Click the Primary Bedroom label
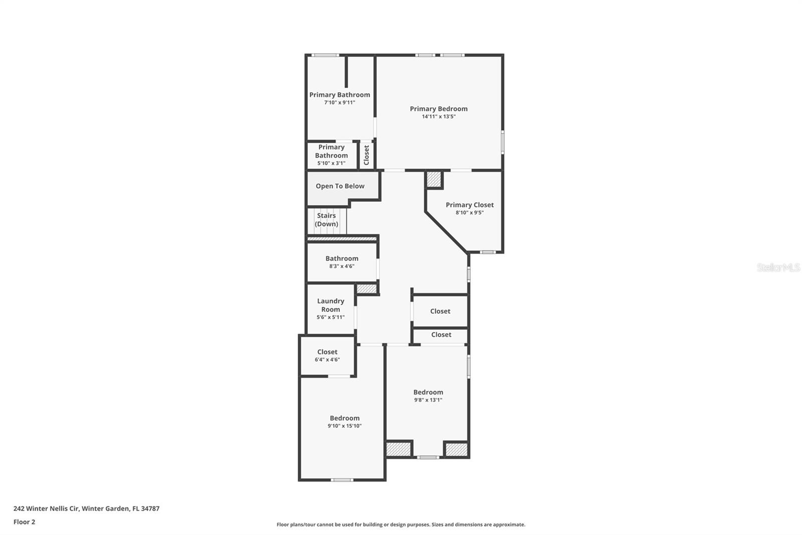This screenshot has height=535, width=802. point(439,108)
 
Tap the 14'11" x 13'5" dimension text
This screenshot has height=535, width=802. point(439,116)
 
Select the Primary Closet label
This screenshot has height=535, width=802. point(469,205)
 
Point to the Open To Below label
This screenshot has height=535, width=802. point(340,186)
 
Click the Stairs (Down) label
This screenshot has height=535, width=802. point(326,220)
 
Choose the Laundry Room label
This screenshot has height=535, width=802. point(330,305)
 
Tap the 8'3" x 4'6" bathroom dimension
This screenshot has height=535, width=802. point(342,266)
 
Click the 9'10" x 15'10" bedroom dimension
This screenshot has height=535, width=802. point(344,426)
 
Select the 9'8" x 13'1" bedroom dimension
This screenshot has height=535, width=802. point(428,400)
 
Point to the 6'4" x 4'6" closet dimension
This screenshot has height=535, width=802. point(327,360)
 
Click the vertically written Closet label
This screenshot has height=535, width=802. point(366,155)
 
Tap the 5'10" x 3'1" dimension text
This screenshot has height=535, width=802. point(331,163)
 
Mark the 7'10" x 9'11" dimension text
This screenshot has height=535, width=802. point(339,102)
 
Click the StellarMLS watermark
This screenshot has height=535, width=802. point(778,267)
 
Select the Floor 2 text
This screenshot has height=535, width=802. point(25,522)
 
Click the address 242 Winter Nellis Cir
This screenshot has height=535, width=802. point(47,508)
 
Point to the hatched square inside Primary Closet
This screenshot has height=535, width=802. point(434,180)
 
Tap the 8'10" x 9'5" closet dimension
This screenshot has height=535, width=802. point(469,213)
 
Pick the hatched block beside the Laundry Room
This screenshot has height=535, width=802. point(366,289)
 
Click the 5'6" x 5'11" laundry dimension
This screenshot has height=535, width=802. point(330,317)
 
